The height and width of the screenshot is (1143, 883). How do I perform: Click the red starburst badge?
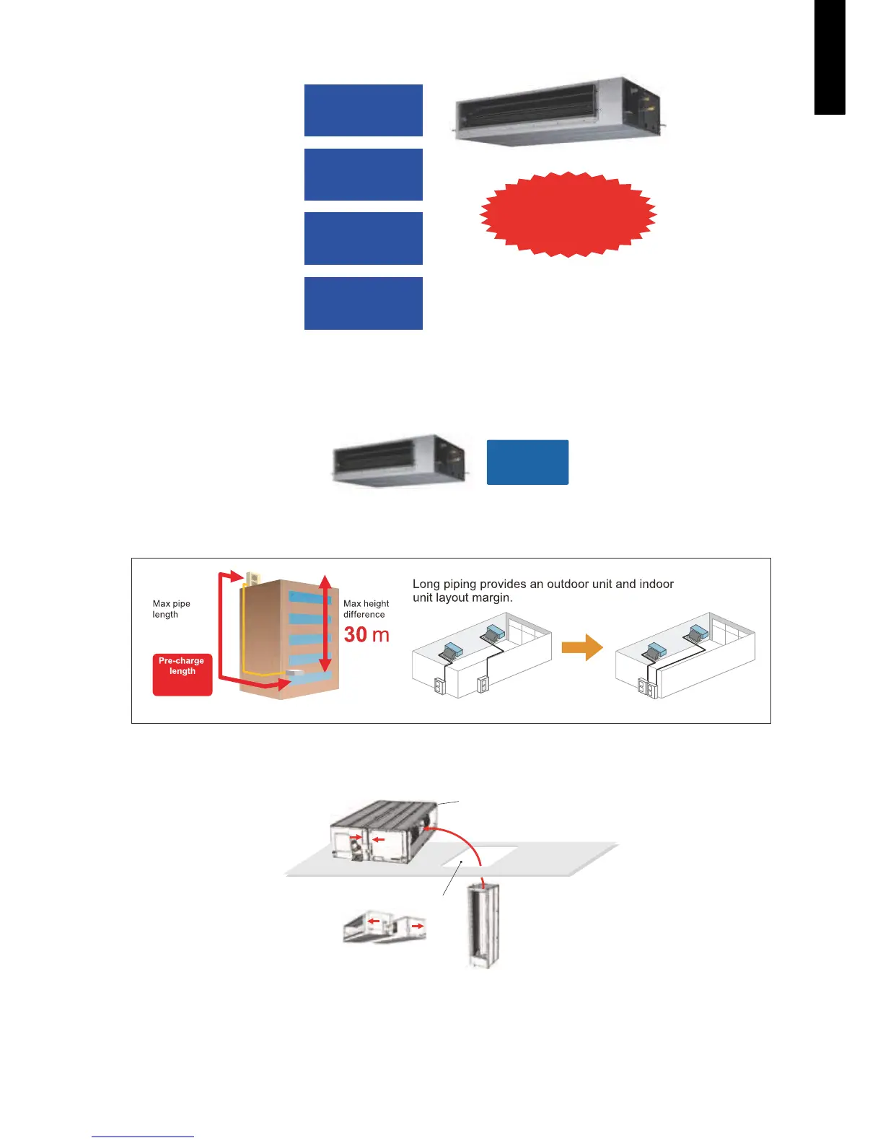point(568,214)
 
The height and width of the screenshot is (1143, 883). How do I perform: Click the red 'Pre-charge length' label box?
point(183,675)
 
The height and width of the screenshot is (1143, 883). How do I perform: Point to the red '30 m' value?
point(366,634)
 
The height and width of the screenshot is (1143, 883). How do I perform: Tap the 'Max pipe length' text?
point(172,609)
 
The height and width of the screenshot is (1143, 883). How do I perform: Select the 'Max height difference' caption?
point(366,609)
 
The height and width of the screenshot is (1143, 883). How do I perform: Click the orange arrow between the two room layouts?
point(581,647)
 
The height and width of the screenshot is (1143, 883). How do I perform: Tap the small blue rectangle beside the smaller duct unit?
point(527,462)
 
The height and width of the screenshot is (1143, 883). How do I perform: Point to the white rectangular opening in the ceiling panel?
point(487,854)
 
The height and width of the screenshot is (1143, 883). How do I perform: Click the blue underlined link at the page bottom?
point(143,1137)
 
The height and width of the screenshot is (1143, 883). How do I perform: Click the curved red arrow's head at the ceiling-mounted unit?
point(426,830)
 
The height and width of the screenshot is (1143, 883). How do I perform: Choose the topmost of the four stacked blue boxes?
point(363,110)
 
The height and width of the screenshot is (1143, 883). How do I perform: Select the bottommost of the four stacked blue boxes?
point(363,303)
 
